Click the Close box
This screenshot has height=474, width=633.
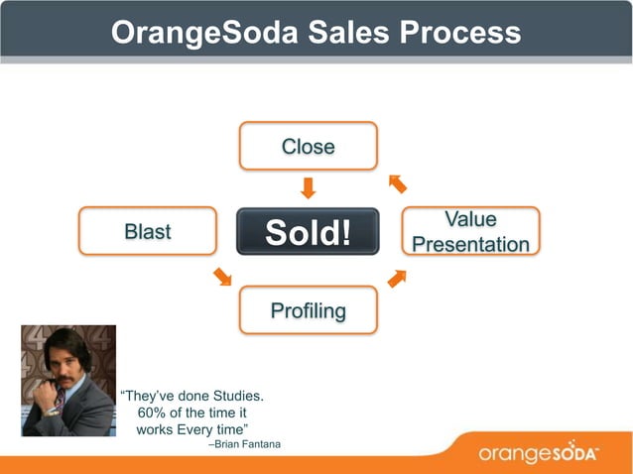tap(308, 146)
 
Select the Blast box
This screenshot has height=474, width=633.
tap(147, 231)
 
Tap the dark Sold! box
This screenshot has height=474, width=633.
tap(308, 232)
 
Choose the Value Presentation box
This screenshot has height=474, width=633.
tap(470, 231)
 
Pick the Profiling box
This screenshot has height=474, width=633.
tap(308, 310)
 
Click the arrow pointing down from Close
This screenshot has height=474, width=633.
tap(308, 187)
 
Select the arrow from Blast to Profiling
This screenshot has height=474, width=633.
tap(222, 276)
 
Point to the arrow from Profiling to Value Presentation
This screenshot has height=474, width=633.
tap(397, 278)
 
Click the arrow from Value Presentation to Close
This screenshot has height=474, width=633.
tap(397, 183)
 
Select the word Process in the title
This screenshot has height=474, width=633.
tap(460, 33)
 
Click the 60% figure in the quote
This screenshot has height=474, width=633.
tap(156, 412)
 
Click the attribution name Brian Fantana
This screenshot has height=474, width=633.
tap(248, 443)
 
